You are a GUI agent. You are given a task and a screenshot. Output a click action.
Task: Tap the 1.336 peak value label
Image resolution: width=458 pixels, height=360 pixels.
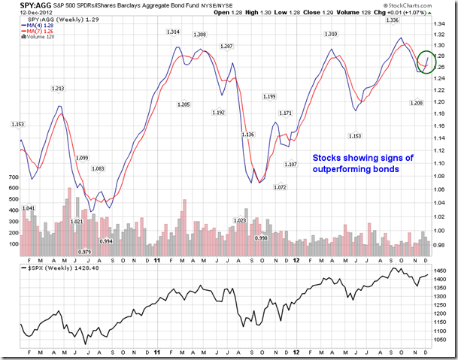pos(392,20)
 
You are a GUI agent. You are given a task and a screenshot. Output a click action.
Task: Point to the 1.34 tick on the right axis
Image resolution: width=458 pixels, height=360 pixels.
pos(440,23)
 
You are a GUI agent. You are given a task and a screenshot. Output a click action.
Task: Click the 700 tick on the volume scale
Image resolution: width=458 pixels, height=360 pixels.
pos(14,177)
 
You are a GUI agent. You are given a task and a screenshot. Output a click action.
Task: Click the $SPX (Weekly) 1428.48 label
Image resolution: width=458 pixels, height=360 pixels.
pos(50,268)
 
